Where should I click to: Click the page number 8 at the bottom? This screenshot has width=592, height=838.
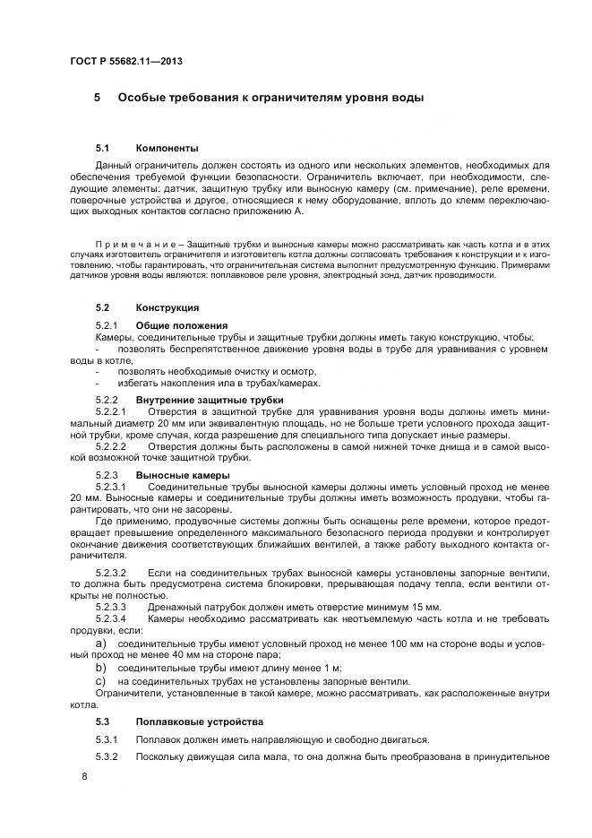click(x=84, y=775)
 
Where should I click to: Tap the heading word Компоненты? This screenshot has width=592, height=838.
click(x=167, y=147)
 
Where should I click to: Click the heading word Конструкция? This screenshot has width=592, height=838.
click(x=167, y=307)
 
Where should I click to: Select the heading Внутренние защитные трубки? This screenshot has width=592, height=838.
click(x=209, y=399)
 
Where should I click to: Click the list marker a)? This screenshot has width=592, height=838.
click(x=100, y=644)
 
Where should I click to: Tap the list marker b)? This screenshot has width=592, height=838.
click(x=100, y=668)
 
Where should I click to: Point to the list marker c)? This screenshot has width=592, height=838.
click(x=100, y=680)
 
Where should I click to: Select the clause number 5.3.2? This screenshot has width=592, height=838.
click(x=107, y=757)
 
